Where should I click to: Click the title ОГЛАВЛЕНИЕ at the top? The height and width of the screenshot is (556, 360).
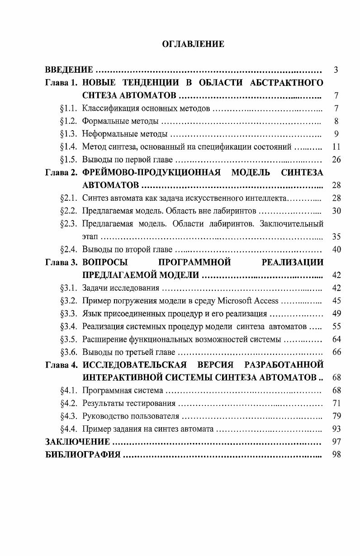(x=193, y=44)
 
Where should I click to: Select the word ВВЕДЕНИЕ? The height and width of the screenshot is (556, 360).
(x=69, y=70)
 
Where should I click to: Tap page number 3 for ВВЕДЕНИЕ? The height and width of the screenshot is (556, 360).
(x=336, y=70)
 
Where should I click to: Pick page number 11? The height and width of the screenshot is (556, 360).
(x=336, y=147)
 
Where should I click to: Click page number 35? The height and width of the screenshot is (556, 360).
(x=336, y=236)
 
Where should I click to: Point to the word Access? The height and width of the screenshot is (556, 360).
(x=266, y=301)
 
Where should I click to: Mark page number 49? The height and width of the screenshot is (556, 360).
(x=336, y=314)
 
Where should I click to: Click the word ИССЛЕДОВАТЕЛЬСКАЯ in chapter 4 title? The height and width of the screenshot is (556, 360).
(x=135, y=365)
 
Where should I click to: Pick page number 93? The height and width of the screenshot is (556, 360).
(x=336, y=429)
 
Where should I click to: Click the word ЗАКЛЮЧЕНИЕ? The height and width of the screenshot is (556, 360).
(x=78, y=442)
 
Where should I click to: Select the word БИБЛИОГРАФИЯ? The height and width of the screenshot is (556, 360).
(x=83, y=455)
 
